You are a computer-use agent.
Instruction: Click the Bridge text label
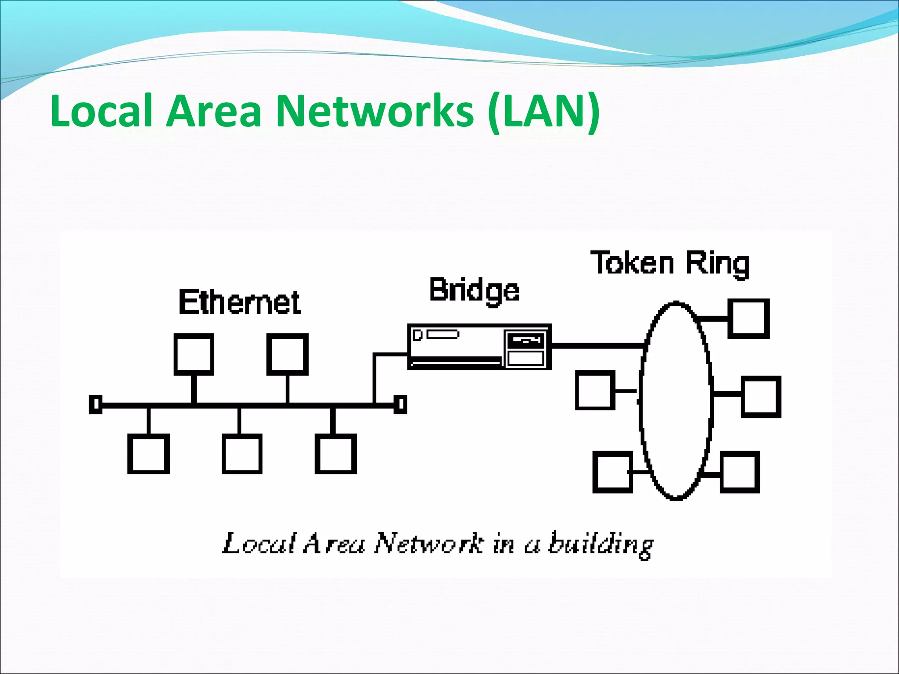point(474,290)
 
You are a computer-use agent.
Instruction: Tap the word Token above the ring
point(632,263)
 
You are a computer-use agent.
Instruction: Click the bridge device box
point(479,347)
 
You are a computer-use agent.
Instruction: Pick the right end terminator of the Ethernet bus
point(400,404)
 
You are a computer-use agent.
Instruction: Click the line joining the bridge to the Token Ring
point(597,346)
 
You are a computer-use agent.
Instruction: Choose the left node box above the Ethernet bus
point(194,354)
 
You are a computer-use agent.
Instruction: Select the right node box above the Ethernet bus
point(288,354)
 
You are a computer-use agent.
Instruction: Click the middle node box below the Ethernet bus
point(242,454)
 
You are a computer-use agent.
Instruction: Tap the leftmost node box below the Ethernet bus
point(148,454)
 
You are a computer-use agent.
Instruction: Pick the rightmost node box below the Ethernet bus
point(336,454)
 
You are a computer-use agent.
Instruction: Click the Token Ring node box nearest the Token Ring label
point(748,319)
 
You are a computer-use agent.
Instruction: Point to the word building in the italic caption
point(601,545)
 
